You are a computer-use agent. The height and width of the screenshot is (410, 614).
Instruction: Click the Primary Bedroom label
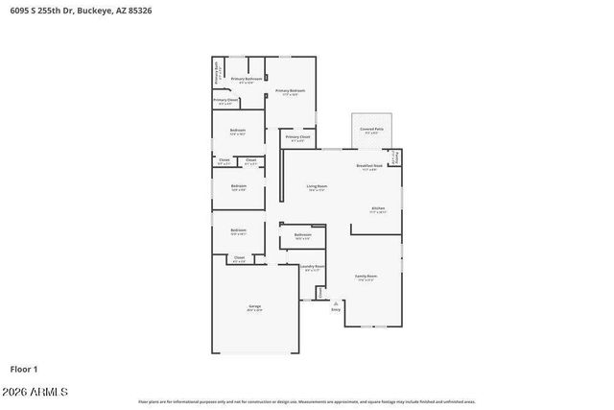click(291, 90)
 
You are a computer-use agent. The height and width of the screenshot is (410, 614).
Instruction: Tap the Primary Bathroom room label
click(247, 78)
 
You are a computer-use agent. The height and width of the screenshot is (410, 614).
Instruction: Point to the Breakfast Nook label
click(369, 165)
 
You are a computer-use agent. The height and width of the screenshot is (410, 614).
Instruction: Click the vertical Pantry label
click(396, 157)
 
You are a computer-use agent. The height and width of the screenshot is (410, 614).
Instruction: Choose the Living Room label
click(318, 185)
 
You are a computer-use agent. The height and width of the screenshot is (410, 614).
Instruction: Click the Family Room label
click(366, 276)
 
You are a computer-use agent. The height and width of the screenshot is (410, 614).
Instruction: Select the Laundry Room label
click(313, 266)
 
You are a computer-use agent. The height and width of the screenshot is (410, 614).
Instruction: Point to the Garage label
click(254, 306)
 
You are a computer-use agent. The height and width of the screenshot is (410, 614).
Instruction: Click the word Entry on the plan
click(336, 309)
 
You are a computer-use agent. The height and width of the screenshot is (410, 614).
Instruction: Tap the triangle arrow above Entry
click(336, 301)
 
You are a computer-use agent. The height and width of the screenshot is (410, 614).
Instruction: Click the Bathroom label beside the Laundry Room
click(303, 234)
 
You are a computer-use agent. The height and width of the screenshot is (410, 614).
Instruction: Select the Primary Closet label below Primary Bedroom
click(297, 137)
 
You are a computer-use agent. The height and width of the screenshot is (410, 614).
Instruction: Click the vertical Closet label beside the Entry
click(319, 292)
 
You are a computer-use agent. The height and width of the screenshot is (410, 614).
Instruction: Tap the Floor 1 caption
click(24, 369)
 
